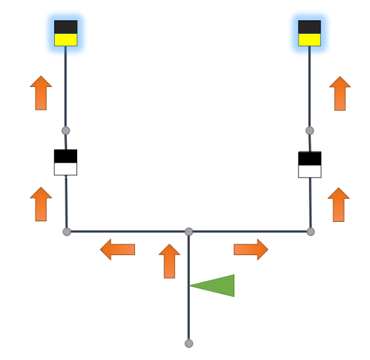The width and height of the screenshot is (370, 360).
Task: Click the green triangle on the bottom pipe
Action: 216,285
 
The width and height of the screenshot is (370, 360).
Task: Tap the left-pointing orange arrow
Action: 117,250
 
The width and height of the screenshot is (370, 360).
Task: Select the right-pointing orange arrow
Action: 251,250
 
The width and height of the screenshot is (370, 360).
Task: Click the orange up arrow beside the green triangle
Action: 169,261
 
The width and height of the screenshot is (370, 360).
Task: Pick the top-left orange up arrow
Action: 41,93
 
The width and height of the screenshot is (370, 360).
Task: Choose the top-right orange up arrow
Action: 340,94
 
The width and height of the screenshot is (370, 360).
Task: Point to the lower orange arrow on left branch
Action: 41,204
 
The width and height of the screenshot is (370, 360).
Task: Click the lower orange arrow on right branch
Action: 339,205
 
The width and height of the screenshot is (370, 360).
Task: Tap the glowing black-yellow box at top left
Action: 66,33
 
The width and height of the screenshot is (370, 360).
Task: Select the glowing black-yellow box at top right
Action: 310,33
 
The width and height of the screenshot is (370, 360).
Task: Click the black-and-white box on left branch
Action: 65,162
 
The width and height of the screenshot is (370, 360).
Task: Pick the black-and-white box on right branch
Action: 310,164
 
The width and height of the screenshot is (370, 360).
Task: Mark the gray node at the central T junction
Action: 189,232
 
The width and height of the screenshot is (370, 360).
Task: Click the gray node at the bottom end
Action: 189,343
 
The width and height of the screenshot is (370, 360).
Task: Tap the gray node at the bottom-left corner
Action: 67,232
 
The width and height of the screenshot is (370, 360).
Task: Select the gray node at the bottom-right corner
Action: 310,232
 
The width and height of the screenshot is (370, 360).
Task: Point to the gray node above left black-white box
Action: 66,131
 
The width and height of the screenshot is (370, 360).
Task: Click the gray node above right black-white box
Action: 310,131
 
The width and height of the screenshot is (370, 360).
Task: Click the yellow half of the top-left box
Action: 66,40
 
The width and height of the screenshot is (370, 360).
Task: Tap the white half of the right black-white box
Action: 310,171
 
